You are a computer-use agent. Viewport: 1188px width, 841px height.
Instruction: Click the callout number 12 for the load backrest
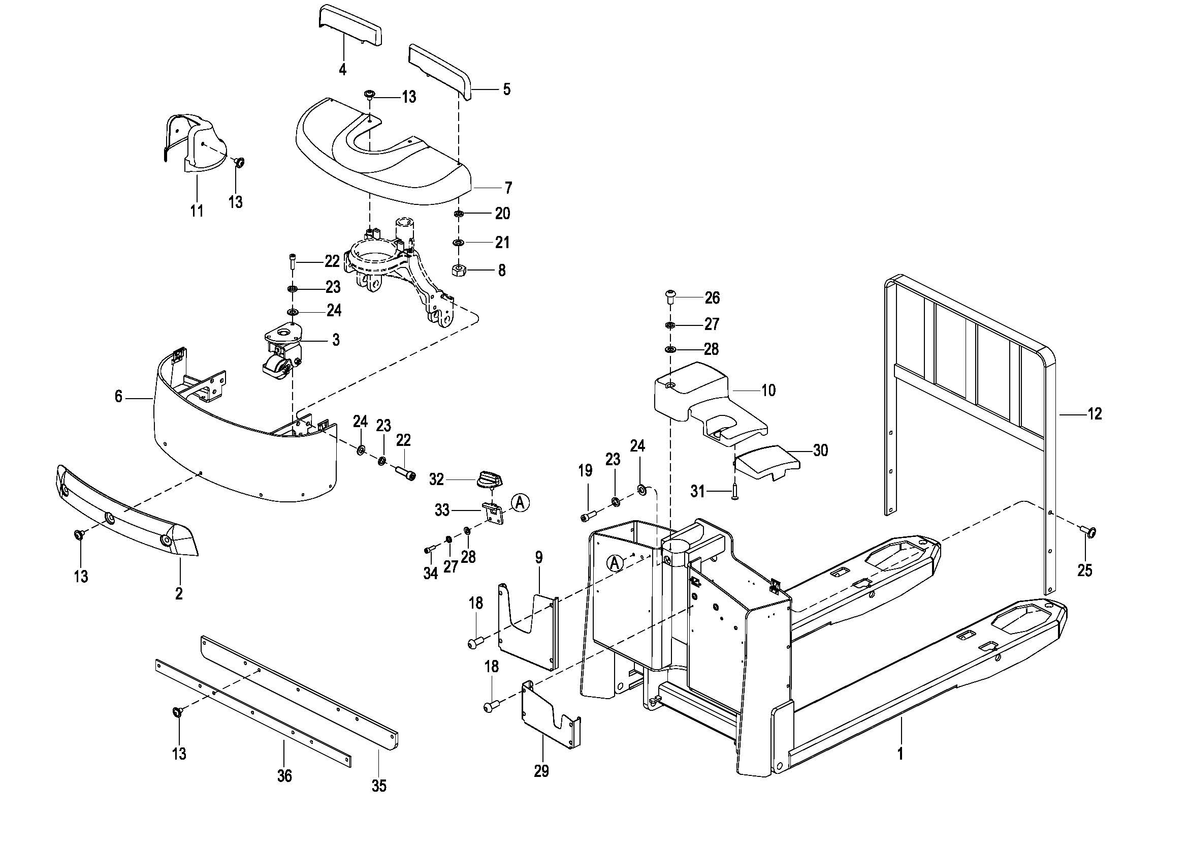1095,414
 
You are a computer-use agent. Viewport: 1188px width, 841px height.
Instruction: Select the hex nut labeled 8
459,270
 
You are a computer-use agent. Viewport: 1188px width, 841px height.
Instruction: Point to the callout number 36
284,776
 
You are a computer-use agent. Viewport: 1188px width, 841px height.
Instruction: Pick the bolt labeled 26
670,297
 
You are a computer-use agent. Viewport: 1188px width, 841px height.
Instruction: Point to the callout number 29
541,771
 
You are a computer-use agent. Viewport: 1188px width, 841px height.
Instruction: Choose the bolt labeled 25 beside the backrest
1087,531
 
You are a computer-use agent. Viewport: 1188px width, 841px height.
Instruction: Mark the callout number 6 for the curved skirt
118,397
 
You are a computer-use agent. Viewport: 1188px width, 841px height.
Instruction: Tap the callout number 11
197,211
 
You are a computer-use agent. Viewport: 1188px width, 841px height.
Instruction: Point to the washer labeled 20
459,214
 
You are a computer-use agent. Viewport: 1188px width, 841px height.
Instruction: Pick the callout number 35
379,786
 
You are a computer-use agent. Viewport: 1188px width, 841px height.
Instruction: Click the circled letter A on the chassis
615,563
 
